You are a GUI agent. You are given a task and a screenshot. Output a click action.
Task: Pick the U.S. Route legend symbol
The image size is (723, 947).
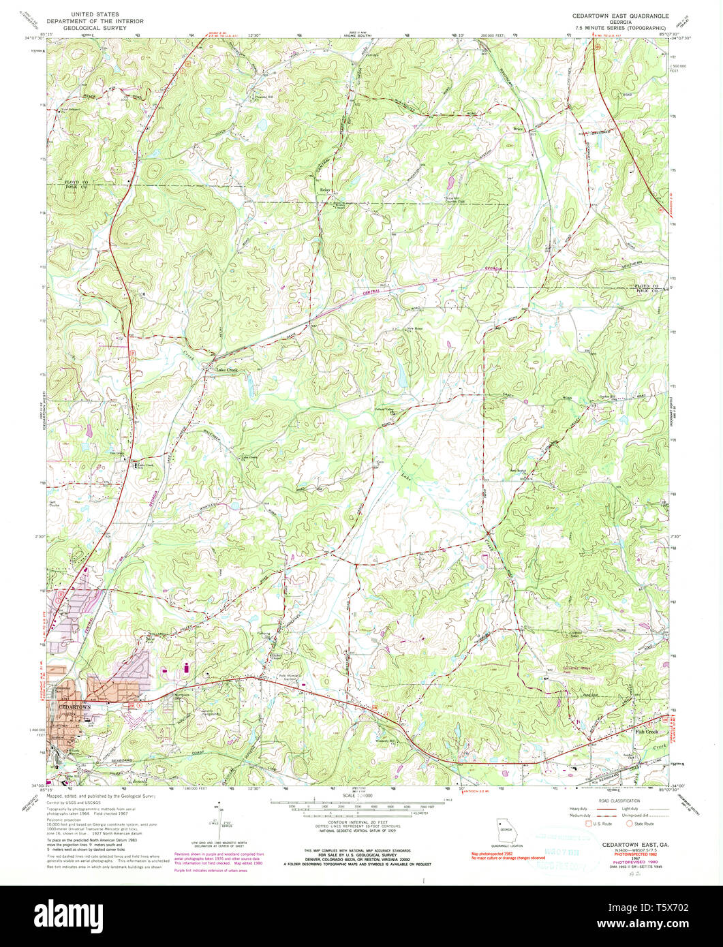pos(591,823)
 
